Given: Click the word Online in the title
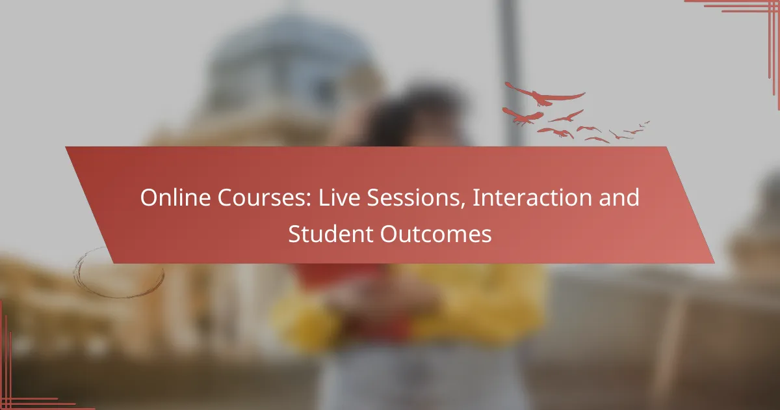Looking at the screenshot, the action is tap(175, 197).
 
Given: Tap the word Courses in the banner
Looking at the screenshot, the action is tap(262, 197).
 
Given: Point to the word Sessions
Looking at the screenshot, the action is tap(413, 197).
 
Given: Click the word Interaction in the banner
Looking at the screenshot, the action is tap(532, 197).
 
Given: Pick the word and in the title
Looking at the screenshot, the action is tap(619, 197).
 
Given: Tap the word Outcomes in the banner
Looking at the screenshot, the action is tap(436, 234).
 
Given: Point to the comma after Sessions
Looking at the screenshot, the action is tap(463, 206).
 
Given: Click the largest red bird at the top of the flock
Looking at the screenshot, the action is tap(544, 94).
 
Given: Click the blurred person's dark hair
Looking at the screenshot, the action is tap(411, 111).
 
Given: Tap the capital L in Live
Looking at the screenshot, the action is tap(324, 197).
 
